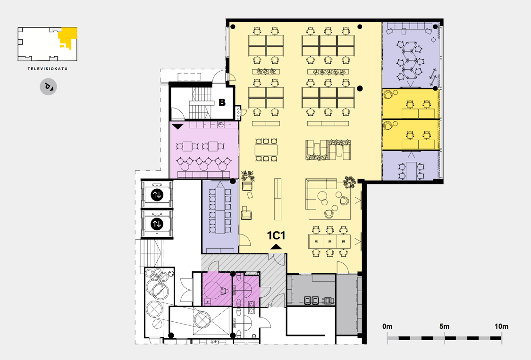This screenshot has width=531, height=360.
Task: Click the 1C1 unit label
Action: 276,235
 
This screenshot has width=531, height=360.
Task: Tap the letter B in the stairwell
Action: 222,102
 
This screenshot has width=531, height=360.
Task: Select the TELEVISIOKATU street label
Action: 48,69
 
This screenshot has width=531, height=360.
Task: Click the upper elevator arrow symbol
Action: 157,195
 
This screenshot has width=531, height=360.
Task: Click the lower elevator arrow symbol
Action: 157,224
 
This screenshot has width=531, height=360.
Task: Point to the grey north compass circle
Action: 48,87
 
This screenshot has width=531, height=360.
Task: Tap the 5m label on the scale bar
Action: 444,327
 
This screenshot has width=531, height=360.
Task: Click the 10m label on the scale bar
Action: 501,327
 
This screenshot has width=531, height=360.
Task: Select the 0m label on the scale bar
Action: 388,327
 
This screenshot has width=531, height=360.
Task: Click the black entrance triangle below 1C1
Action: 276,247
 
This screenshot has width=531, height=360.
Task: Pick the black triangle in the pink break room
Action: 178,126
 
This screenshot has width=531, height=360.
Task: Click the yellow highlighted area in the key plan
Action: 67,37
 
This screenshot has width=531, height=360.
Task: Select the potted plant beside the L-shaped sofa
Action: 349,182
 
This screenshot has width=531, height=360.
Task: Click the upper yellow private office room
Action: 411,104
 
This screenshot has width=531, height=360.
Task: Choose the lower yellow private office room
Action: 411,135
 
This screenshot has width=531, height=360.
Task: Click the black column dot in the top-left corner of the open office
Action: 233,26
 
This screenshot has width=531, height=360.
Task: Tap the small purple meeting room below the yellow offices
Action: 411,166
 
